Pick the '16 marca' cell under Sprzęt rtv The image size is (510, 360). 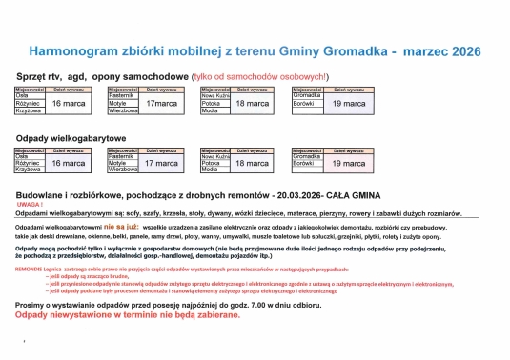[x=69, y=102]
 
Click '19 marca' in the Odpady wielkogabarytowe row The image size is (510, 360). [x=348, y=164]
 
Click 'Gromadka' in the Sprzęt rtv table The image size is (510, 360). [x=307, y=95]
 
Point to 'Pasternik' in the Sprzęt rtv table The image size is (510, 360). [x=122, y=95]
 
